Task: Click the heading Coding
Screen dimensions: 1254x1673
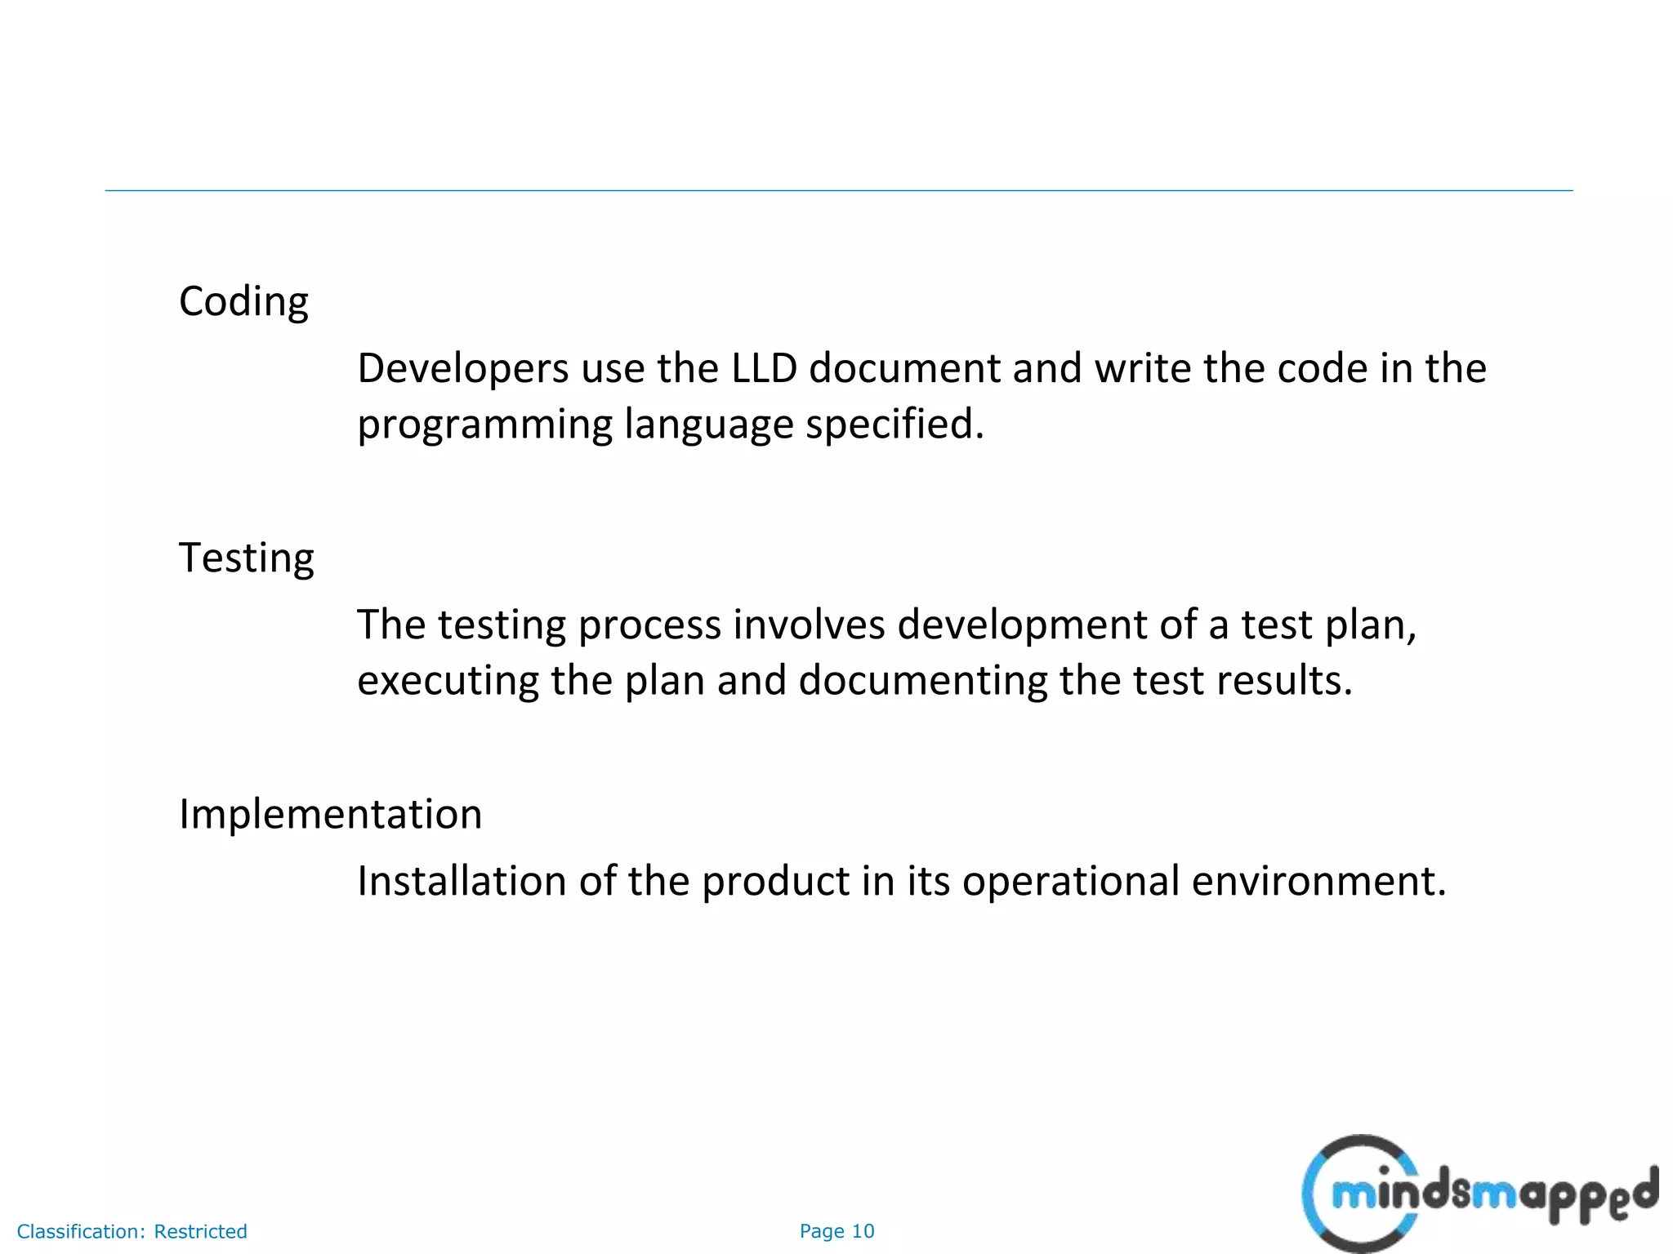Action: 243,302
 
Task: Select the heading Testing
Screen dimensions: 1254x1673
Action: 246,558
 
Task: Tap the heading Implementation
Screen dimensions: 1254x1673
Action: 330,815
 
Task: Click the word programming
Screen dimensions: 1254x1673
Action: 484,425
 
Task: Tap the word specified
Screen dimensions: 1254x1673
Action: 894,425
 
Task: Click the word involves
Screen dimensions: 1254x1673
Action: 809,625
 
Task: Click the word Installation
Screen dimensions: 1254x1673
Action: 462,882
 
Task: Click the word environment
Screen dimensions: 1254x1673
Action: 1318,882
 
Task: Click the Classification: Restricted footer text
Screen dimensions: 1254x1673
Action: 132,1231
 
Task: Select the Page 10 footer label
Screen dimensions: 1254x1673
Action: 836,1231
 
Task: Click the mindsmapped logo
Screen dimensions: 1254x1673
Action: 1479,1194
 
